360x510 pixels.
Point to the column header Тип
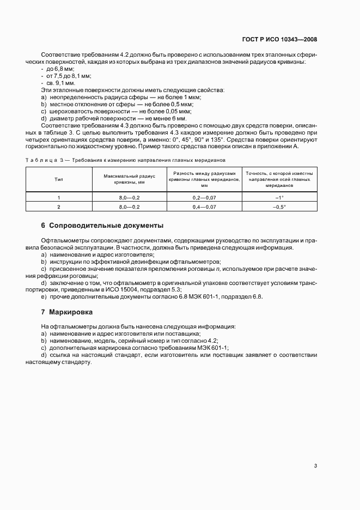coord(58,179)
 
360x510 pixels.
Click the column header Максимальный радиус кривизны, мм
coord(130,179)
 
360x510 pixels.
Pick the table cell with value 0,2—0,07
coord(204,197)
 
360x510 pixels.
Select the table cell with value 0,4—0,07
coord(204,207)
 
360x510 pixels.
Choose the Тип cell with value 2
coord(58,207)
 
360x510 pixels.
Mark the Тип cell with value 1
coord(58,197)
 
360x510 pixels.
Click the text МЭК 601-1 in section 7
coord(213,348)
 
